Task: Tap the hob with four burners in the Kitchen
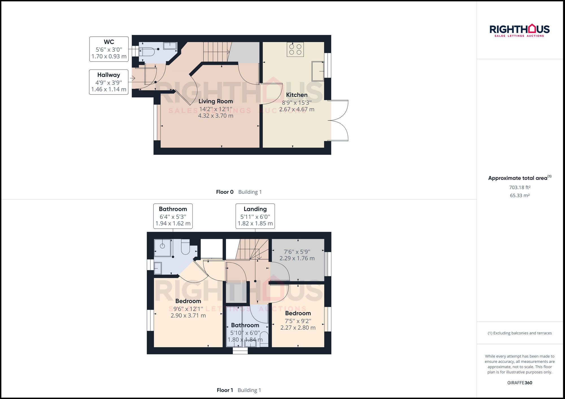click(x=295, y=49)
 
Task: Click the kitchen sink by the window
click(x=318, y=71)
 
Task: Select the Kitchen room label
click(x=297, y=95)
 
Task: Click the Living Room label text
click(x=216, y=101)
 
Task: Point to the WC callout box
click(x=109, y=49)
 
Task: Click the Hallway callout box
click(x=109, y=82)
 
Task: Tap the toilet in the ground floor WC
click(x=147, y=52)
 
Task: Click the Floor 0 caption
click(x=225, y=192)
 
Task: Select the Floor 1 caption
click(x=225, y=390)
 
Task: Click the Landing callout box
click(x=255, y=216)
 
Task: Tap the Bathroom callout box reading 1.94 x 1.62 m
click(x=173, y=216)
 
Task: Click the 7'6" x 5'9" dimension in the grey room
click(x=297, y=255)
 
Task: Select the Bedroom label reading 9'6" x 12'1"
click(x=188, y=308)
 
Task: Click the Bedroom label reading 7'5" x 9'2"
click(x=298, y=320)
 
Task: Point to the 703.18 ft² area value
click(x=520, y=188)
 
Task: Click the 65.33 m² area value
click(x=520, y=195)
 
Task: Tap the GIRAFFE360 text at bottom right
click(x=520, y=383)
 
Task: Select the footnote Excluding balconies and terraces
click(x=520, y=333)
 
